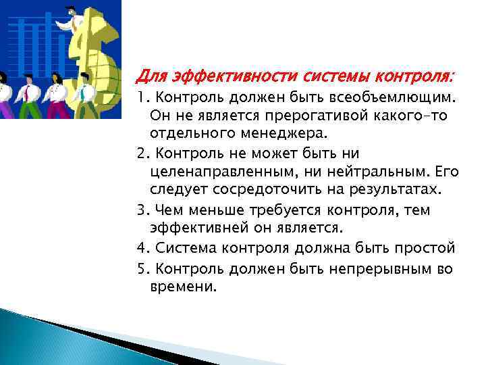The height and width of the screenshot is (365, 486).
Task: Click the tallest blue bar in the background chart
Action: point(49,41)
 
